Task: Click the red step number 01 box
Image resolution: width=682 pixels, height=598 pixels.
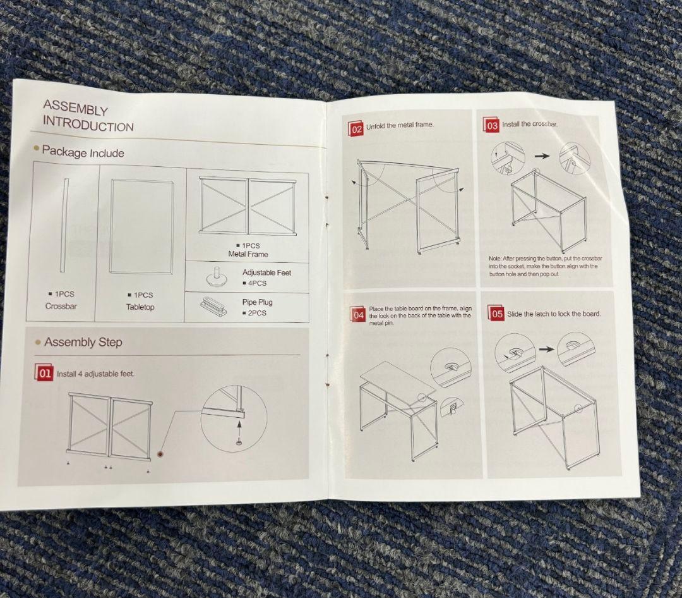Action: pos(44,373)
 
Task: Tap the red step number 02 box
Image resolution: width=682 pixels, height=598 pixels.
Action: pos(356,128)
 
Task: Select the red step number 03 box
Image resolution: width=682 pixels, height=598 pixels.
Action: pos(491,125)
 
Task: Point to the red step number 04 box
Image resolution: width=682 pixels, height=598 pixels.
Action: pos(358,314)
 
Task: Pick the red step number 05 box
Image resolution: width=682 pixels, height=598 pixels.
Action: pos(496,313)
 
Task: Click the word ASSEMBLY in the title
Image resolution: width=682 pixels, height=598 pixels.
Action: pos(75,107)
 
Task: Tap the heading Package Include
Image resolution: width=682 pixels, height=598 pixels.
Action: pos(83,152)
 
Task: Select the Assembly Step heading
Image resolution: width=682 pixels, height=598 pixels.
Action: pos(83,342)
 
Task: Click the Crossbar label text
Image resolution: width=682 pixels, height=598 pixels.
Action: pos(61,306)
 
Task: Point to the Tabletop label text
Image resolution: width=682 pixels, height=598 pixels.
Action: pos(140,307)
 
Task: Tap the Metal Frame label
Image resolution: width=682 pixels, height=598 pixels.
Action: pos(248,254)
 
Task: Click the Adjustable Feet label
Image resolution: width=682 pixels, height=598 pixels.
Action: pos(266,272)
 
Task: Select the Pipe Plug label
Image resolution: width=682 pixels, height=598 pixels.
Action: pos(258,302)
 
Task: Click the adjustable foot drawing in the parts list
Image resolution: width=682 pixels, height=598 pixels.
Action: pos(216,278)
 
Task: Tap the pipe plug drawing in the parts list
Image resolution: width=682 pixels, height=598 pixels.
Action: pos(214,306)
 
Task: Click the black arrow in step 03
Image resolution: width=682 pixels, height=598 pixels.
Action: pos(542,156)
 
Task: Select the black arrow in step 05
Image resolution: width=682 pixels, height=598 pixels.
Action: pos(546,349)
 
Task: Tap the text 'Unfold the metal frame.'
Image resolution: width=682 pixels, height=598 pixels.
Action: pos(400,125)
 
